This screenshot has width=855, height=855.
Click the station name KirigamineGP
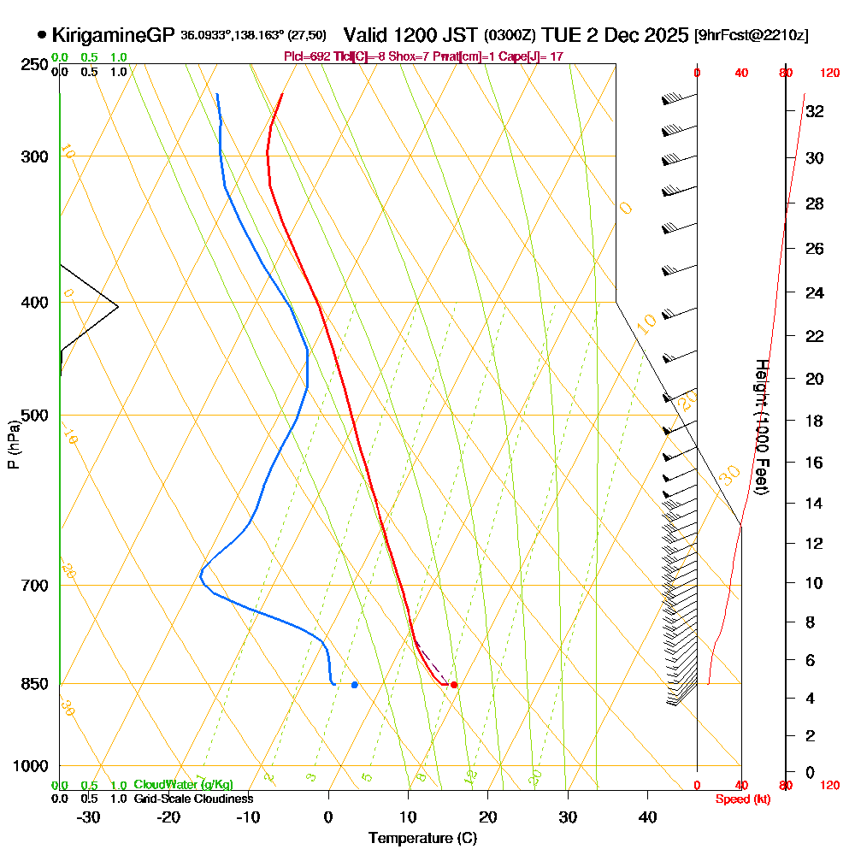(113, 35)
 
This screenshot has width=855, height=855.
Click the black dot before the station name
(42, 35)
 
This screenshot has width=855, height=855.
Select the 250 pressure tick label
(32, 65)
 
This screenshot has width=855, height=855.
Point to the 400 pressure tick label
(32, 303)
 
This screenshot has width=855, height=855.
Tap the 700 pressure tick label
(32, 586)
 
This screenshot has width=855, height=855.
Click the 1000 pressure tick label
(29, 766)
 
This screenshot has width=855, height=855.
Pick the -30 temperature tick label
(89, 817)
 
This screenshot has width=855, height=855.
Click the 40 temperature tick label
(648, 817)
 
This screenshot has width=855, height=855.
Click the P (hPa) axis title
(13, 444)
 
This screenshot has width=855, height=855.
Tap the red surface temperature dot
(454, 685)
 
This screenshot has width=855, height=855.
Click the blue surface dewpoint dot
(355, 685)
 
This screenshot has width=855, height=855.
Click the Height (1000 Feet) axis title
(761, 427)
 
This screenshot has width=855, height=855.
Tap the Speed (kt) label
(740, 799)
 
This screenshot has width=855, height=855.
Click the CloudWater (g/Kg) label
(183, 785)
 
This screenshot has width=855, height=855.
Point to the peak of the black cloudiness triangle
(118, 306)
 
